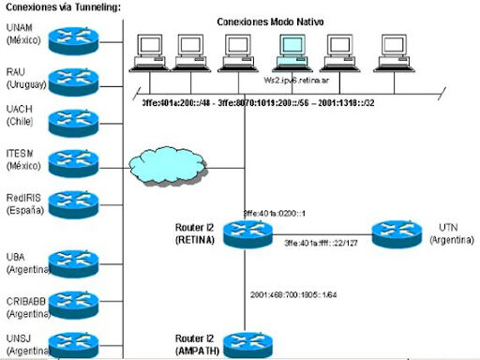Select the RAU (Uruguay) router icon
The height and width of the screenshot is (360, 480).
80,78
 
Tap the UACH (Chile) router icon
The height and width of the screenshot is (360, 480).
80,118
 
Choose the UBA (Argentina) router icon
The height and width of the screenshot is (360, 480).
80,260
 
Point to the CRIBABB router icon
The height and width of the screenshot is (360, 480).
80,301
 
